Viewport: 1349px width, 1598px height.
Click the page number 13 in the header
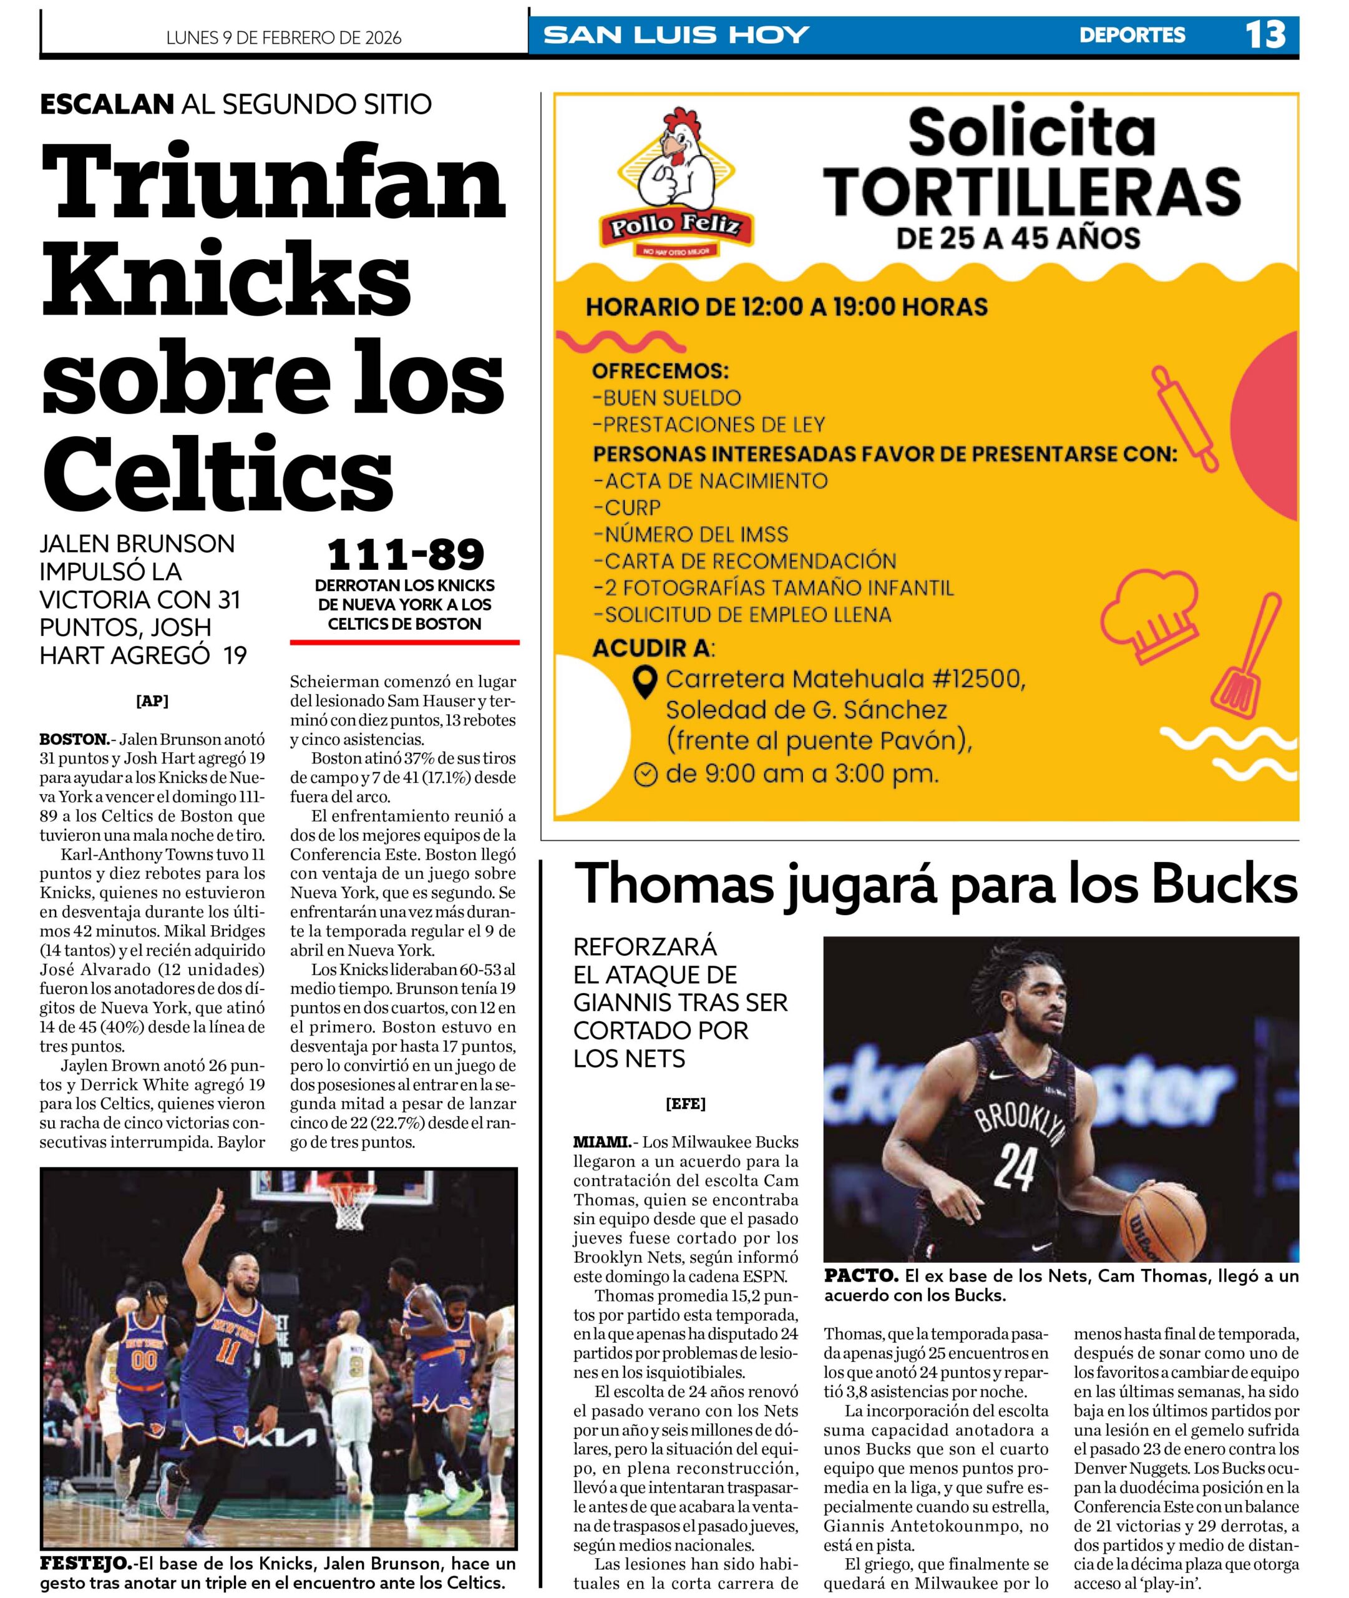click(1265, 35)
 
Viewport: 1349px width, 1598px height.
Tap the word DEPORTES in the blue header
click(1132, 35)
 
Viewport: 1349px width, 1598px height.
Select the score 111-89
click(406, 554)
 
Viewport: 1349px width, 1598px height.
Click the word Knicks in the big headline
click(226, 281)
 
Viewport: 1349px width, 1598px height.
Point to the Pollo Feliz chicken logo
click(675, 184)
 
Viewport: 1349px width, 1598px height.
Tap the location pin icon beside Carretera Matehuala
click(647, 681)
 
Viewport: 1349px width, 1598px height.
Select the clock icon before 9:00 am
click(646, 775)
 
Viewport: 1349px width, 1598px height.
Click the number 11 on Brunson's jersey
click(226, 1350)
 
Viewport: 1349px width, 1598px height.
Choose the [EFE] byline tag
click(685, 1103)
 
